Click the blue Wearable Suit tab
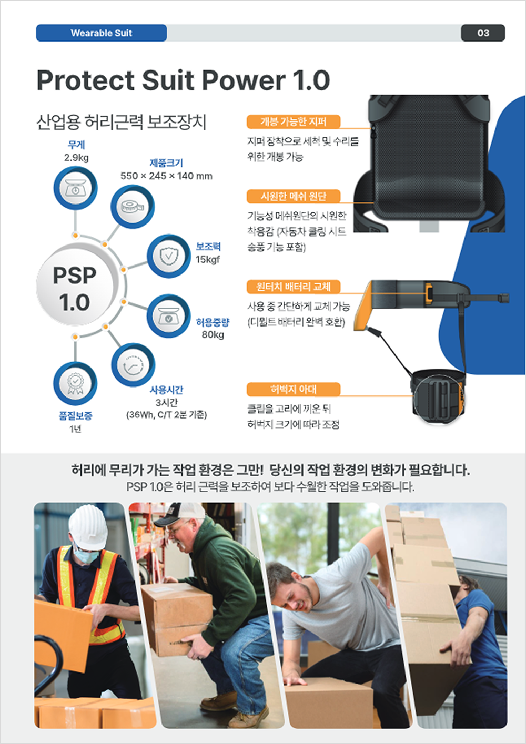click(102, 33)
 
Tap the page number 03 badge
click(483, 33)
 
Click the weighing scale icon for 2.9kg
click(75, 188)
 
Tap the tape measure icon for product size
click(132, 207)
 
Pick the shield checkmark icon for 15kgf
click(169, 256)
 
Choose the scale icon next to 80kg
click(169, 316)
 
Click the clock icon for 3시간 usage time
click(133, 365)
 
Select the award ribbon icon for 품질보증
click(75, 384)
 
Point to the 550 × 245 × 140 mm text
click(166, 176)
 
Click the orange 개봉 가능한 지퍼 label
click(294, 122)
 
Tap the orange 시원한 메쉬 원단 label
click(294, 196)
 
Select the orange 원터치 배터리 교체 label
click(294, 287)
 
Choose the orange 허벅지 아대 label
click(294, 389)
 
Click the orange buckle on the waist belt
click(428, 293)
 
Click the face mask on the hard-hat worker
click(86, 555)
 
